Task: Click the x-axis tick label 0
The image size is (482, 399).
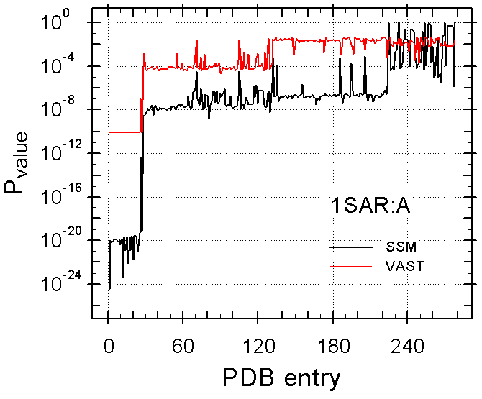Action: tap(108, 344)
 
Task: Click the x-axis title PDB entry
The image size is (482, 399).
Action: tap(271, 377)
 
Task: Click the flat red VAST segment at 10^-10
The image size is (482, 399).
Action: tap(124, 132)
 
